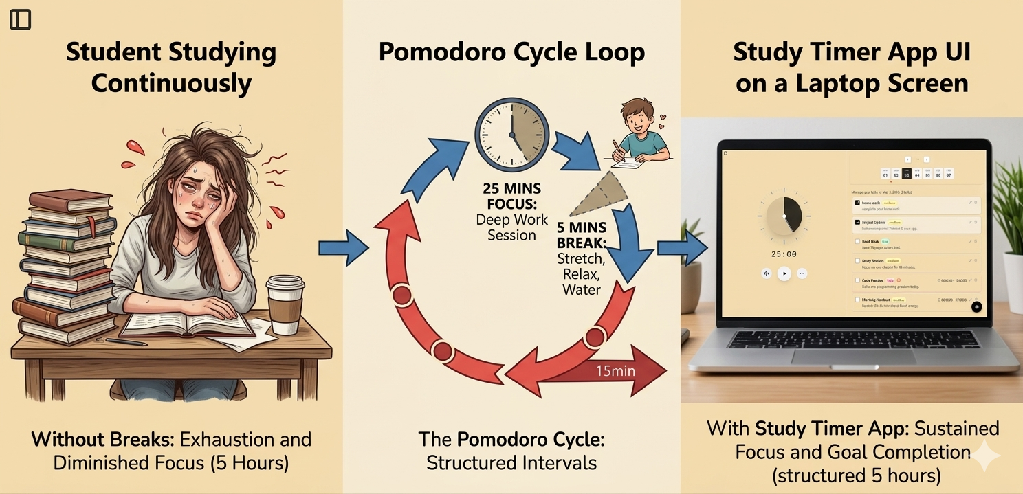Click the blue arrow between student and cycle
(344, 248)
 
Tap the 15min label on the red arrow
(615, 372)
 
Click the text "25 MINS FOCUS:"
(511, 197)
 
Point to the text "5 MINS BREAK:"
(581, 236)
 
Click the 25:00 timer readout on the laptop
(784, 254)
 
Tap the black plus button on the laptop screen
(976, 307)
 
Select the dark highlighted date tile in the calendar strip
(906, 174)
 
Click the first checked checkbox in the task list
(857, 203)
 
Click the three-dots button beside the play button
(802, 273)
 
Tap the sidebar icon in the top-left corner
(21, 20)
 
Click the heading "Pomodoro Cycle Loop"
(511, 53)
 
